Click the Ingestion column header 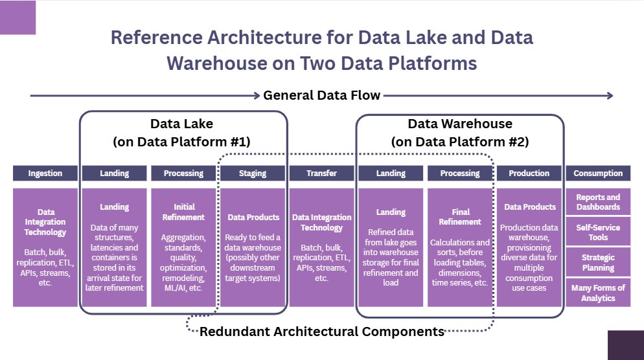click(45, 174)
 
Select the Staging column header click(253, 174)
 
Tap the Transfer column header click(322, 174)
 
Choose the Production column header click(529, 174)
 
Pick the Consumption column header click(598, 174)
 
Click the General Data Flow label click(321, 96)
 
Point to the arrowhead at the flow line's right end click(610, 96)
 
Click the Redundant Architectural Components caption click(321, 332)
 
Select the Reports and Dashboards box click(598, 202)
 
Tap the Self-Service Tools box click(598, 232)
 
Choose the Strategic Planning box click(598, 262)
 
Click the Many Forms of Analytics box click(598, 293)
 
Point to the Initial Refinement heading click(183, 212)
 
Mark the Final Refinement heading click(459, 216)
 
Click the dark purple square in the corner click(625, 344)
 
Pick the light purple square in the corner click(17, 17)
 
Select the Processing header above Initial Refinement click(183, 174)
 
